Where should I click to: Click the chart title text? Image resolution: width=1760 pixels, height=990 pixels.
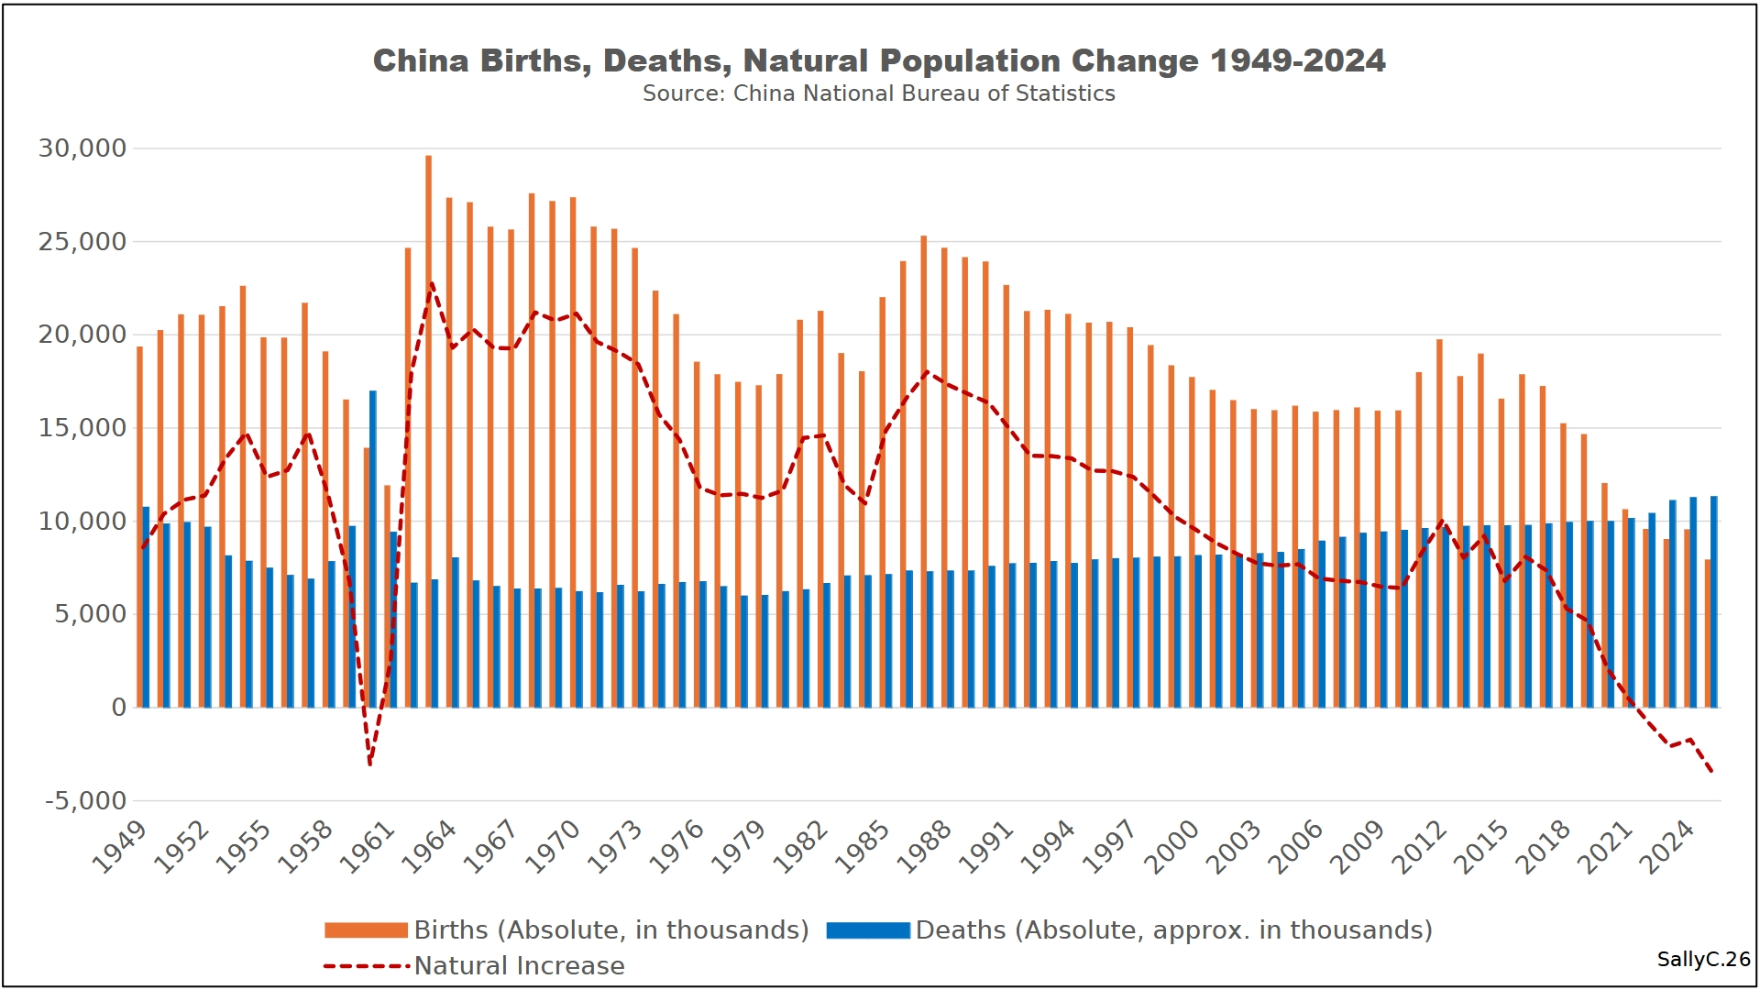pos(878,60)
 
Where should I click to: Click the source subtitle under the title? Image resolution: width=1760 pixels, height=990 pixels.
pos(878,93)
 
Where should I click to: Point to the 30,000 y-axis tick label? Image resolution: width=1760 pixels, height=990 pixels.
pos(82,148)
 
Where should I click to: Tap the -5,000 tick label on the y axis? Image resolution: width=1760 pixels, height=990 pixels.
pos(86,800)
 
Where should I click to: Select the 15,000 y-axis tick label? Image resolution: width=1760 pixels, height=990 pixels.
pos(82,427)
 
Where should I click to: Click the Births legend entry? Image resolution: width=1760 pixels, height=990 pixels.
pos(566,929)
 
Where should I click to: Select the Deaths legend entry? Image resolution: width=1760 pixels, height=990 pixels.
pos(1129,929)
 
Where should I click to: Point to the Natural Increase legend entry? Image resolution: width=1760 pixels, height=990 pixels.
pos(474,965)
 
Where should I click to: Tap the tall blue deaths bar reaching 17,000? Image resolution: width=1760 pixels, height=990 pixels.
pos(373,550)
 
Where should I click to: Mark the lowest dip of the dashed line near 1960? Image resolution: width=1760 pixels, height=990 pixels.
pos(369,764)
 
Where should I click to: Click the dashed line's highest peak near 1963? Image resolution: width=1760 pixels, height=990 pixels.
pos(431,283)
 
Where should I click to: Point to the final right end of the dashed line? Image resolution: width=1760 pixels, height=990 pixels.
pos(1711,772)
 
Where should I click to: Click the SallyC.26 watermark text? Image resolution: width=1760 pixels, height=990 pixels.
pos(1703,959)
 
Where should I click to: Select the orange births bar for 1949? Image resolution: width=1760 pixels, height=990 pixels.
pos(139,527)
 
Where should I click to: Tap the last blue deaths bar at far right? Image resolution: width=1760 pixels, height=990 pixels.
pos(1713,601)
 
